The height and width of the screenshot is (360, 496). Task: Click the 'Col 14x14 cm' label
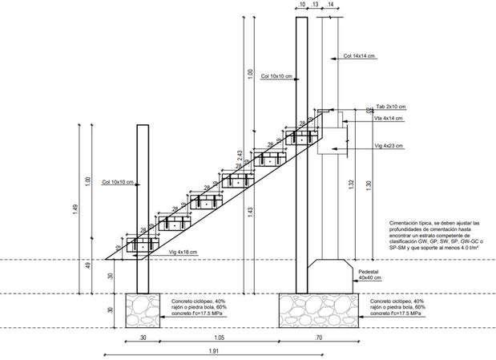point(360,56)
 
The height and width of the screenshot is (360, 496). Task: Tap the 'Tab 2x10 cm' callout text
point(390,106)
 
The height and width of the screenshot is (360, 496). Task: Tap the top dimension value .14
point(330,6)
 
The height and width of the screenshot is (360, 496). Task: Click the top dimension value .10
point(300,6)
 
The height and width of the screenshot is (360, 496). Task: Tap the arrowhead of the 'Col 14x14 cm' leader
point(328,57)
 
